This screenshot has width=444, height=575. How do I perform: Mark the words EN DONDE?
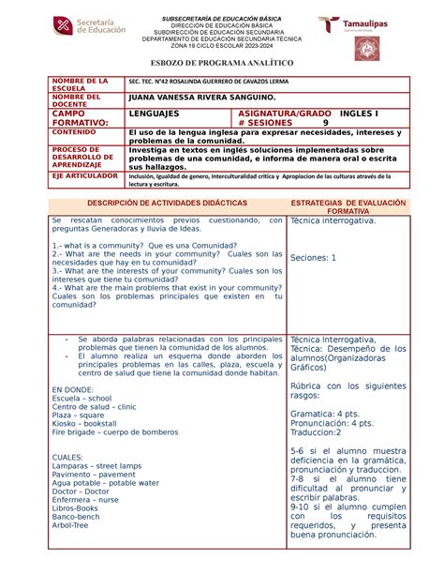[x=73, y=387]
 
